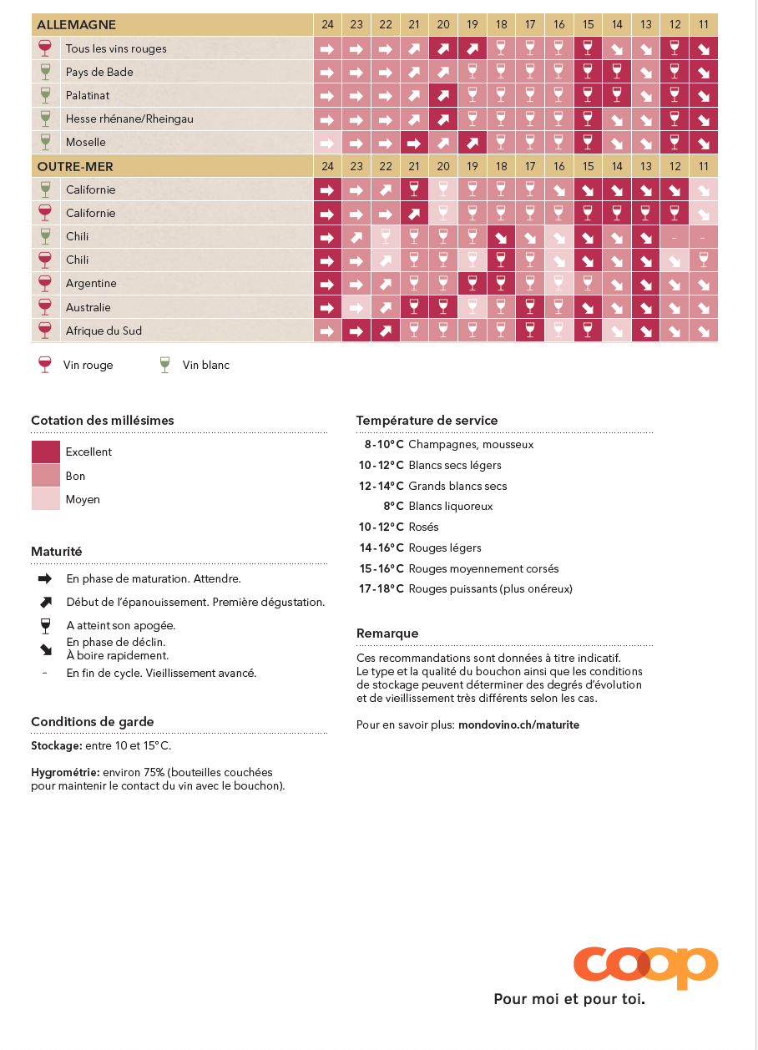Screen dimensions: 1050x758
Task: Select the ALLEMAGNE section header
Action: coord(77,25)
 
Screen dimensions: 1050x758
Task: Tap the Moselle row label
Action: coord(86,143)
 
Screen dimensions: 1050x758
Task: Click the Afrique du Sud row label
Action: coord(104,331)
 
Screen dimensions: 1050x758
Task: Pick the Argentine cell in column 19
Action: coord(472,284)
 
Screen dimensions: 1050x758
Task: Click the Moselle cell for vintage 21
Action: coord(414,143)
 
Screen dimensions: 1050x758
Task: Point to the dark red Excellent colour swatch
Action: coord(46,452)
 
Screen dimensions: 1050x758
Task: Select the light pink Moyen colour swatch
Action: coord(46,499)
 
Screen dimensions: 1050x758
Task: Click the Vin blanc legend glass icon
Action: coord(164,365)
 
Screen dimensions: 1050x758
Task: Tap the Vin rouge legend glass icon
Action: coord(45,365)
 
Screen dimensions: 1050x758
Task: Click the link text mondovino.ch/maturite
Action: coord(518,725)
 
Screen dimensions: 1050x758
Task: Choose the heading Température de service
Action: coord(427,421)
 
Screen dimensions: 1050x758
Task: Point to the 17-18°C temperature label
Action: coord(382,589)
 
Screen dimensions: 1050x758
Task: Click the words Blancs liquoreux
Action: coord(450,507)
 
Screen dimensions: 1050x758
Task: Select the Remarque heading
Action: coord(387,634)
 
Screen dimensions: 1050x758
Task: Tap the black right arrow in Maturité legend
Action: coord(45,578)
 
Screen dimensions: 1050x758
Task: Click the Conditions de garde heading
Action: coord(93,722)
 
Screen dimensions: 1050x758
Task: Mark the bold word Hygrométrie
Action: coord(65,773)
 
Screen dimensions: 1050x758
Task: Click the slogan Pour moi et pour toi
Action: coord(569,999)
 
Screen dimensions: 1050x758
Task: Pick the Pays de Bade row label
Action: coord(99,73)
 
